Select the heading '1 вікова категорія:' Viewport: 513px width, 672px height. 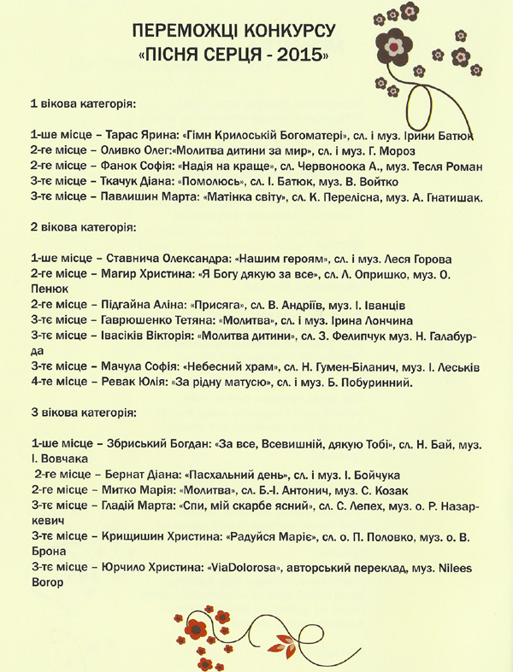point(83,104)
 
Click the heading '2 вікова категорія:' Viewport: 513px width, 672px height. point(83,228)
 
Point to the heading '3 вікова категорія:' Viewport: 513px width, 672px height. point(83,413)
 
